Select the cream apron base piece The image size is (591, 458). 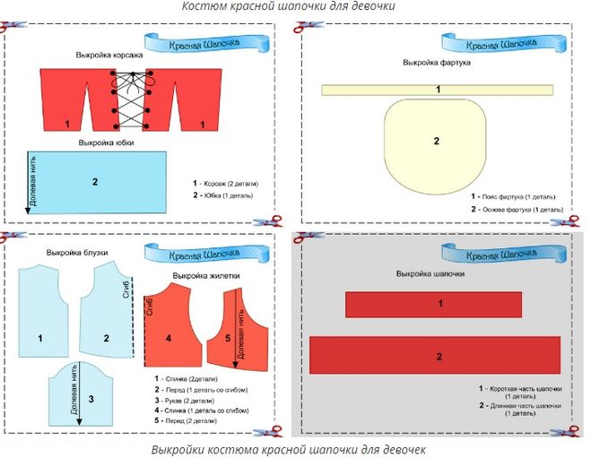436,143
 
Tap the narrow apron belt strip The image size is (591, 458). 437,89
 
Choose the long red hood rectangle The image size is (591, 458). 435,355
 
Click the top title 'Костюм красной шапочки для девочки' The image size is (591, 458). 289,6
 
